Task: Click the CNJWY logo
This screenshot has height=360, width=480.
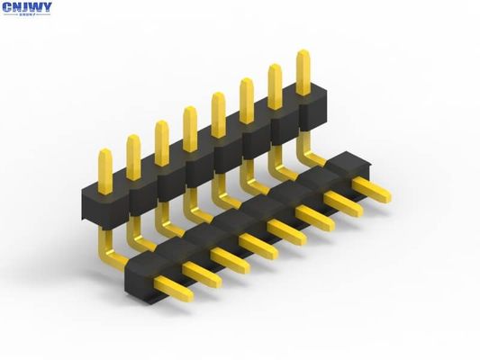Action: coord(27,9)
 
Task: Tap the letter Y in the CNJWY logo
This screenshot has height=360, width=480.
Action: coord(46,8)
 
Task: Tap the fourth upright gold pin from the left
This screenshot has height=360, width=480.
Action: coord(190,127)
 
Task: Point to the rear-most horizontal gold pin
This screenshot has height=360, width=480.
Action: coord(370,190)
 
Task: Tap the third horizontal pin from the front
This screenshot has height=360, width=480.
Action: coord(231,259)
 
